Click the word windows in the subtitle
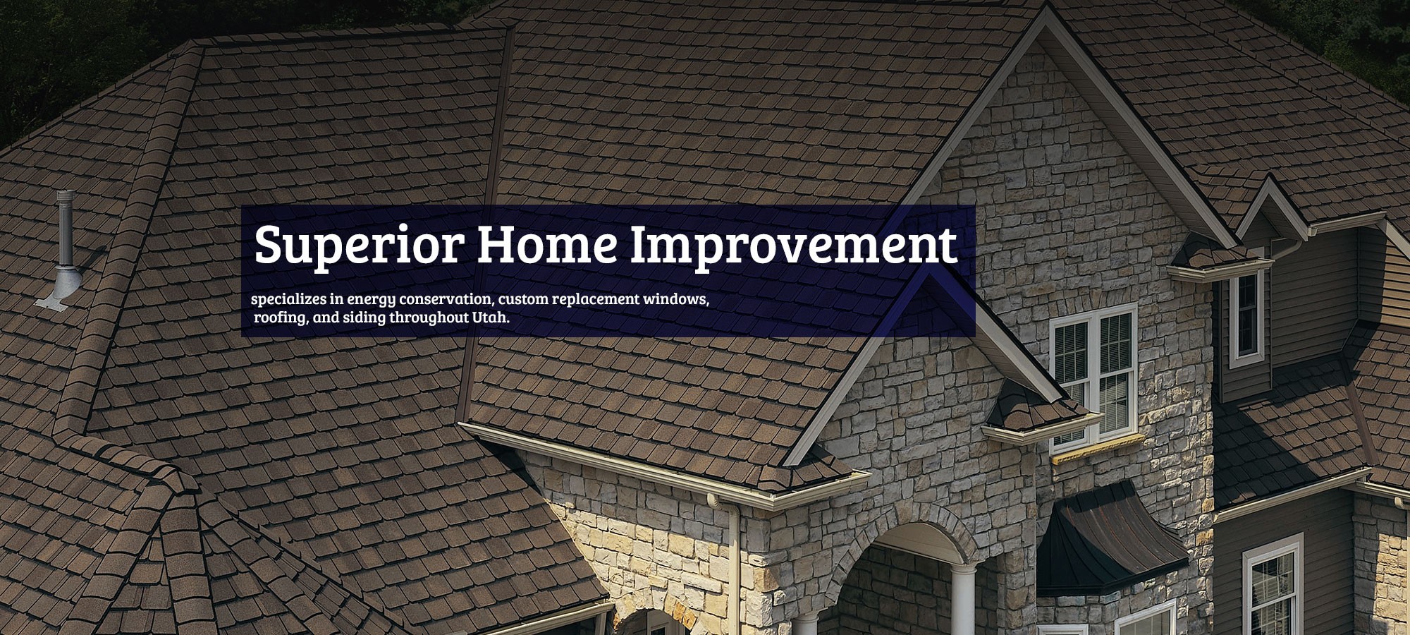click(x=675, y=299)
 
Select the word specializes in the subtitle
click(x=289, y=300)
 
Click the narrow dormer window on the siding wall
click(x=1246, y=317)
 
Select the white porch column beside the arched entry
click(x=963, y=600)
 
